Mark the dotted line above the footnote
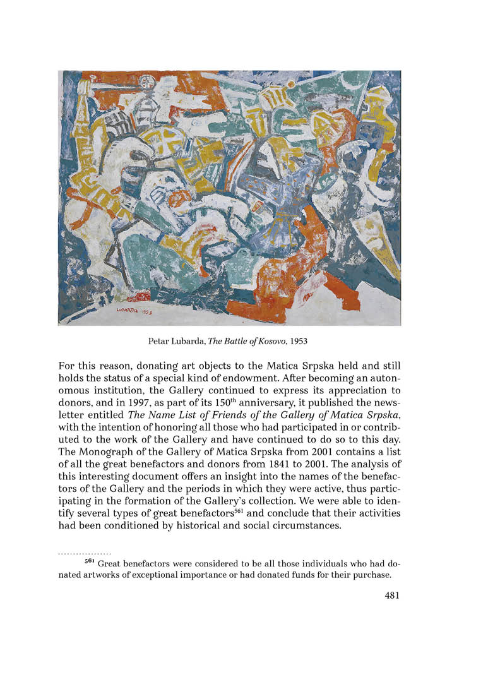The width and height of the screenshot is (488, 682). tap(85, 552)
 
